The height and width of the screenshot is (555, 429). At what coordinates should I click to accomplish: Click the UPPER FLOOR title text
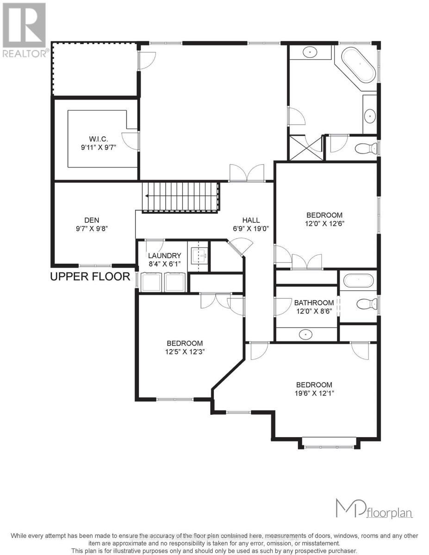click(x=90, y=277)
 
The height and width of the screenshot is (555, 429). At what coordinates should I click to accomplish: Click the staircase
click(x=180, y=197)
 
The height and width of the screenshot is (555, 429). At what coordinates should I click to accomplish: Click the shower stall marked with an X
click(x=305, y=148)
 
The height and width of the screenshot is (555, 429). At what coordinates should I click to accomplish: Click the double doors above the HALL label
click(x=247, y=173)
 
